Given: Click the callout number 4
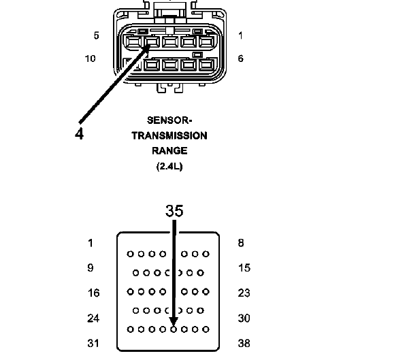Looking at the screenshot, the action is pyautogui.click(x=79, y=134).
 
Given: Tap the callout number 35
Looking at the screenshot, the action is pyautogui.click(x=174, y=211).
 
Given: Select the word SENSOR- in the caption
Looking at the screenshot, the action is pyautogui.click(x=169, y=120).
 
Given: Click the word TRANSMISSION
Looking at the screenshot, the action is pyautogui.click(x=169, y=135).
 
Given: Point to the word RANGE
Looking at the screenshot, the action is pyautogui.click(x=169, y=151).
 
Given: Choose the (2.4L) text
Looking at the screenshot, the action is pyautogui.click(x=169, y=166).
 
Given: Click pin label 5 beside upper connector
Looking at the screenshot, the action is pyautogui.click(x=96, y=35).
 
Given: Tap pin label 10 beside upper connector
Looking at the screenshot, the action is pyautogui.click(x=90, y=59).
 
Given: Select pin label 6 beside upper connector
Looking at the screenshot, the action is pyautogui.click(x=241, y=59).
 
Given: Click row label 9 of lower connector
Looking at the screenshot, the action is pyautogui.click(x=91, y=267).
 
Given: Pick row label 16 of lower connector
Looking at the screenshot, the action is pyautogui.click(x=93, y=293).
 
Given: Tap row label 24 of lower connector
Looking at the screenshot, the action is pyautogui.click(x=93, y=318).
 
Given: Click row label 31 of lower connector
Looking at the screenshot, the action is pyautogui.click(x=93, y=343).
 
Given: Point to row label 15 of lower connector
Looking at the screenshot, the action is pyautogui.click(x=244, y=267).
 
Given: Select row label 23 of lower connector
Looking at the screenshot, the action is pyautogui.click(x=244, y=293).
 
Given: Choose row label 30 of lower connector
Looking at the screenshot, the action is pyautogui.click(x=244, y=318).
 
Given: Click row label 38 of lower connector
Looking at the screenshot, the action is pyautogui.click(x=244, y=343).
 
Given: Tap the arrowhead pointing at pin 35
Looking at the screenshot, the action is pyautogui.click(x=174, y=322).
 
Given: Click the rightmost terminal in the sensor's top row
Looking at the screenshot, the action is pyautogui.click(x=207, y=42).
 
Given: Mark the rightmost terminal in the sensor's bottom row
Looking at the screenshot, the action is pyautogui.click(x=207, y=65).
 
